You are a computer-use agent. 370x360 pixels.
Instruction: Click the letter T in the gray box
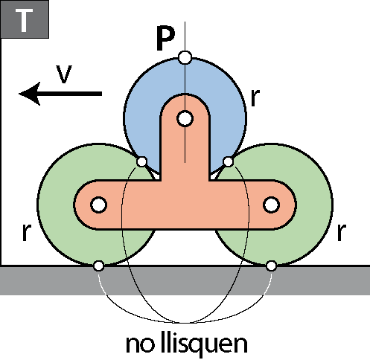[x=24, y=20]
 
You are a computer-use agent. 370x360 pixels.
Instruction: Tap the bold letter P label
[x=166, y=39]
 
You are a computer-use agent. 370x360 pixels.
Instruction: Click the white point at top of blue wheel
[x=185, y=58]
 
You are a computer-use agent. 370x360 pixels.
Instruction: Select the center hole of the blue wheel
[x=185, y=119]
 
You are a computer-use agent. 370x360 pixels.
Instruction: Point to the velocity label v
[x=64, y=74]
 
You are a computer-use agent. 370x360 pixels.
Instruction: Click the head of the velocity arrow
[x=19, y=94]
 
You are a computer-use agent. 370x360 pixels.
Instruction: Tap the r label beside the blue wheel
[x=255, y=97]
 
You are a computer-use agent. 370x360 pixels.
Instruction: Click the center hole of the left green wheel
[x=99, y=205]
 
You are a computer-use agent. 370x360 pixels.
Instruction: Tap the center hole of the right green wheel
[x=272, y=205]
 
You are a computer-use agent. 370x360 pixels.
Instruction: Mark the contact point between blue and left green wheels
[x=141, y=161]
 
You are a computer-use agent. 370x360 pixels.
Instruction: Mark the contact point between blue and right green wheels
[x=228, y=161]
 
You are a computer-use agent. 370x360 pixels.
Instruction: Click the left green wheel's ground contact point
[x=99, y=266]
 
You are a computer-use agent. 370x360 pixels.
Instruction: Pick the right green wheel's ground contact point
[x=272, y=266]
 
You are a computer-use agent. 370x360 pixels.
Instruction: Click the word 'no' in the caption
[x=139, y=344]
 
